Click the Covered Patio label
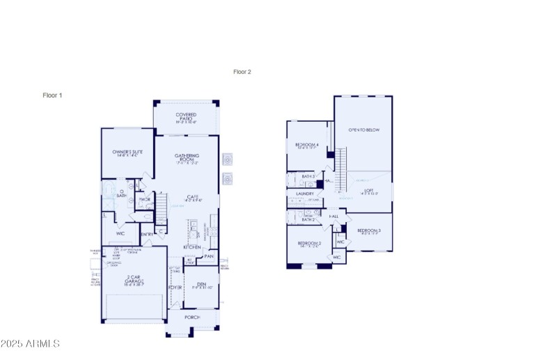(x=186, y=117)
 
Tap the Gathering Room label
(x=187, y=157)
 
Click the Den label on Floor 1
(x=201, y=283)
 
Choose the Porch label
(x=191, y=318)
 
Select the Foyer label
(x=175, y=287)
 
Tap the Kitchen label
(x=192, y=247)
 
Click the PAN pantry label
(x=208, y=256)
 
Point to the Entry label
(x=147, y=235)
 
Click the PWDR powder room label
(x=145, y=200)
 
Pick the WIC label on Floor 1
(x=120, y=234)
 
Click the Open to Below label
(x=363, y=130)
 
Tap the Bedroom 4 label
(x=306, y=145)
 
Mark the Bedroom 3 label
(x=369, y=230)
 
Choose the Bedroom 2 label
(x=308, y=243)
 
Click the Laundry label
(x=305, y=194)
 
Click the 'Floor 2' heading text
(x=242, y=72)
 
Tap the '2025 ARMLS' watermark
(x=30, y=344)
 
